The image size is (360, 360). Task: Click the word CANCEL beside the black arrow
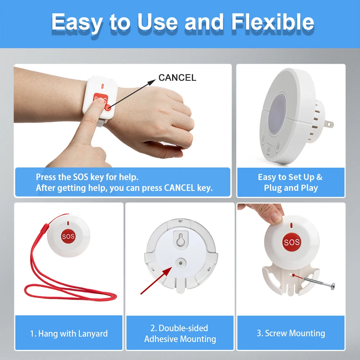[177, 78]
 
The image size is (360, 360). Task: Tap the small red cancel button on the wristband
[107, 107]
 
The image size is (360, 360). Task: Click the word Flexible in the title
[273, 22]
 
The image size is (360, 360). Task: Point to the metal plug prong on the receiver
[329, 124]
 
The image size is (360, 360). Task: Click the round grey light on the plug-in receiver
[278, 114]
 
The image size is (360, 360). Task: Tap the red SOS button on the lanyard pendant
[68, 236]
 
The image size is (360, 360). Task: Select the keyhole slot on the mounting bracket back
[180, 239]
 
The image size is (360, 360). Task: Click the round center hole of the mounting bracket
[181, 263]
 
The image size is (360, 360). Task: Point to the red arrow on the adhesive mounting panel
[156, 280]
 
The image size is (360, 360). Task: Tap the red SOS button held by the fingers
[291, 242]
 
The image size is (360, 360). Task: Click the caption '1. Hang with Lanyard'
[69, 333]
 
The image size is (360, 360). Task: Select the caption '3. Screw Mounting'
[291, 333]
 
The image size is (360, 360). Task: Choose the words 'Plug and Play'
[291, 188]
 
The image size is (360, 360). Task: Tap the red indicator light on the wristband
[102, 86]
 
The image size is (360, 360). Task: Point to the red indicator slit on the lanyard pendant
[68, 224]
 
